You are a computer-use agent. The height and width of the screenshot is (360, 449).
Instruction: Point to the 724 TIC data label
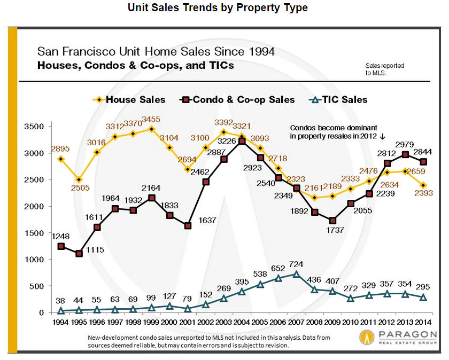296,264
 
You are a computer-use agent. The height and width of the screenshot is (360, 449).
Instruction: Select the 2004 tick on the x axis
242,323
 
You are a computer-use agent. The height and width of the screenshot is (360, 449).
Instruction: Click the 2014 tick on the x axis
423,323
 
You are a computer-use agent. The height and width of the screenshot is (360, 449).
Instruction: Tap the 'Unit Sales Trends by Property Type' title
218,9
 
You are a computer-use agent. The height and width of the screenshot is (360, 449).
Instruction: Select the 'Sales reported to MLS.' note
385,69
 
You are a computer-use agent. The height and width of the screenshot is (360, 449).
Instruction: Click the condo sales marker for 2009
332,221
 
